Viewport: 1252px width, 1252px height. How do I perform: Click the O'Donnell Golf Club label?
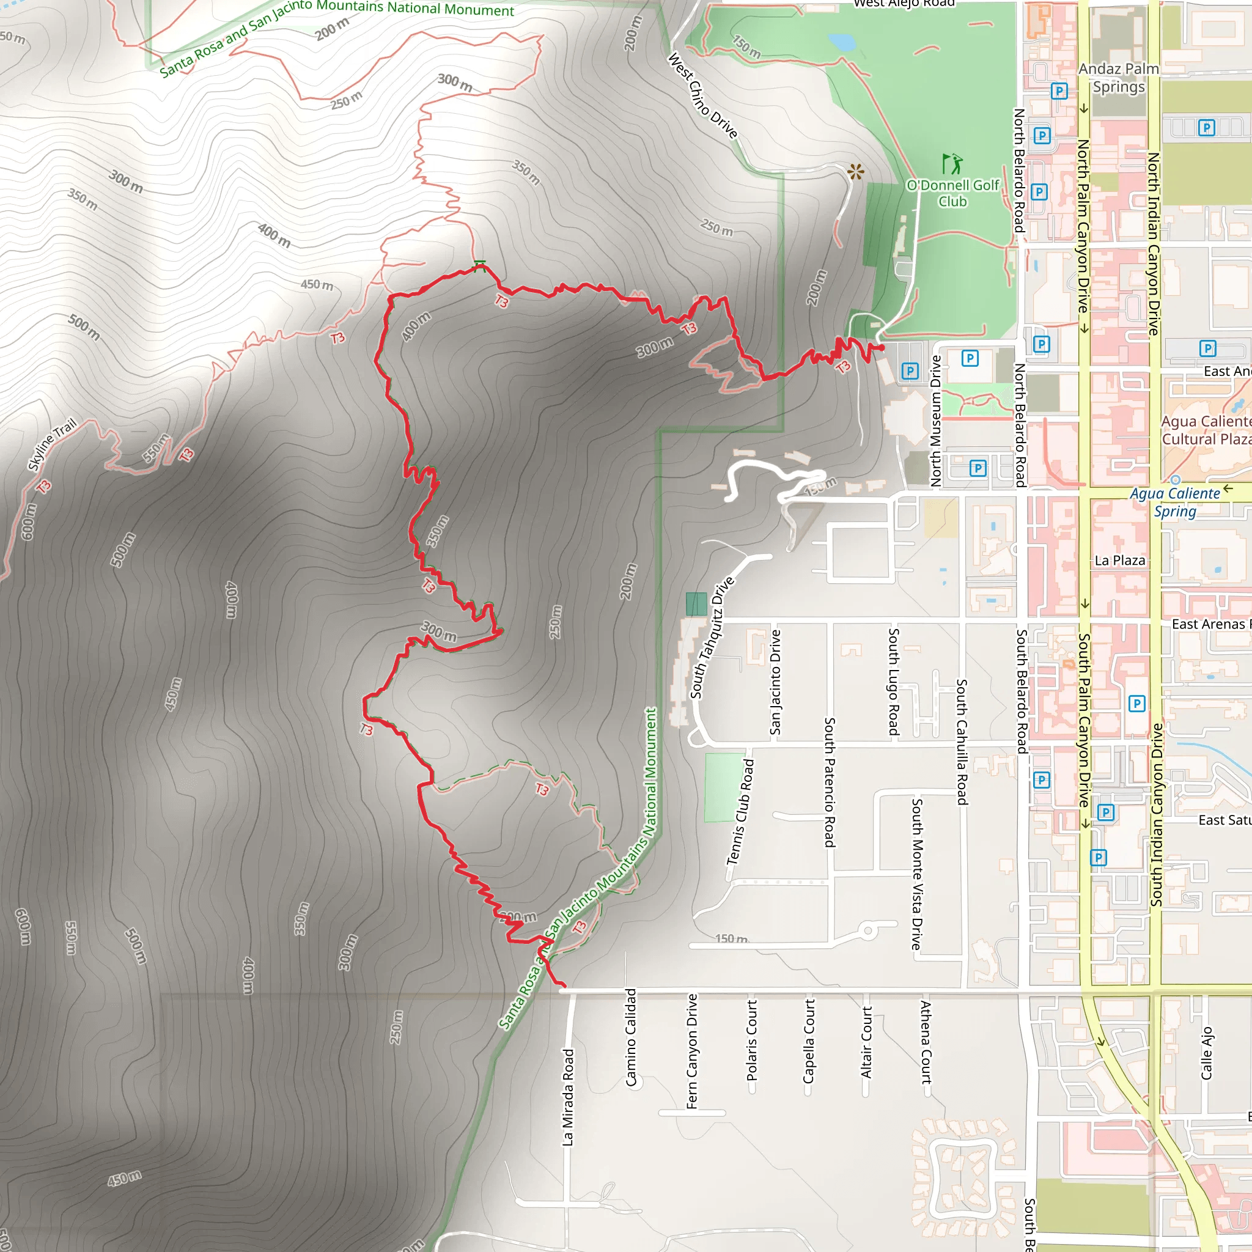point(952,193)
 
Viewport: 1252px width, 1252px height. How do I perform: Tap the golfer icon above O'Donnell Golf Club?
point(952,164)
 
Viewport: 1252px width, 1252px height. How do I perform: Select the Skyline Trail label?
point(52,444)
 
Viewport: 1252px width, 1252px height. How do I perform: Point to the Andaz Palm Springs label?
point(1119,78)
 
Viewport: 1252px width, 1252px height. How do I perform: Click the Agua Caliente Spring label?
point(1174,503)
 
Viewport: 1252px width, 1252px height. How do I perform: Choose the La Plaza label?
point(1119,561)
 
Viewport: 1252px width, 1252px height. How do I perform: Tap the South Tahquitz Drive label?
point(712,638)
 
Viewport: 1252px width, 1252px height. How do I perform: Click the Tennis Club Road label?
point(740,812)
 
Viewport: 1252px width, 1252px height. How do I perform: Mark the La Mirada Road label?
point(568,1097)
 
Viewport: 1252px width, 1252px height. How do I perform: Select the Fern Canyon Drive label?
point(691,1051)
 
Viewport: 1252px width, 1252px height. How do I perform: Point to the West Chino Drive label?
point(702,96)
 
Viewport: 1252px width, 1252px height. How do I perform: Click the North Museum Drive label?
point(936,421)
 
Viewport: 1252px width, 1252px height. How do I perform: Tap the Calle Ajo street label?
point(1206,1053)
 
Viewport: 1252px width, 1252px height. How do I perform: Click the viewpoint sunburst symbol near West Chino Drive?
point(856,172)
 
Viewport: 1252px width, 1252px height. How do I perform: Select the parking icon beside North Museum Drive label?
point(910,370)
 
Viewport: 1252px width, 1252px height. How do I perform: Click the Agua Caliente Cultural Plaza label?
point(1206,430)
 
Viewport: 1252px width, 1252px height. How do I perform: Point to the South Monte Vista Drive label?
point(916,874)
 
